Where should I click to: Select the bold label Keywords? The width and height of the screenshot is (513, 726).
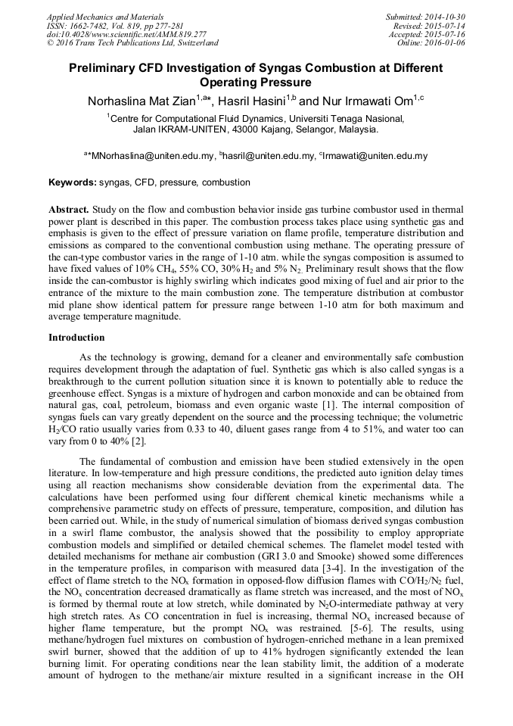tap(73, 182)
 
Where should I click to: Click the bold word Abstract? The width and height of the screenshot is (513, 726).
tap(69, 208)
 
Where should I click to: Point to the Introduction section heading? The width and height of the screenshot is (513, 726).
tap(76, 337)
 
